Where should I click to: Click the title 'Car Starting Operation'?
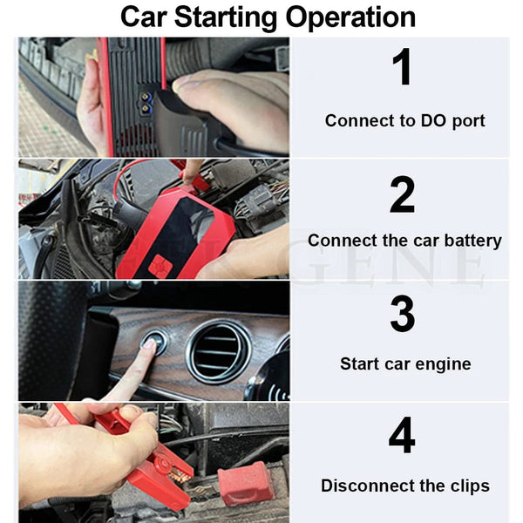coord(268,17)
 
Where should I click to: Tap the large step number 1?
coord(402,69)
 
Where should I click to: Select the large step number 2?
coord(402,194)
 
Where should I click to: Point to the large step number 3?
coord(402,314)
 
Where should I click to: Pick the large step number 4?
coord(402,436)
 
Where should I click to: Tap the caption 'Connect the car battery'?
coord(404,241)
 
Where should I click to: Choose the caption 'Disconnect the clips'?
coord(404,486)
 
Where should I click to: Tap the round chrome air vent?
coord(218,351)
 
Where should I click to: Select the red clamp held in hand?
coord(148,462)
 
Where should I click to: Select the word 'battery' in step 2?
coord(472,241)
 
